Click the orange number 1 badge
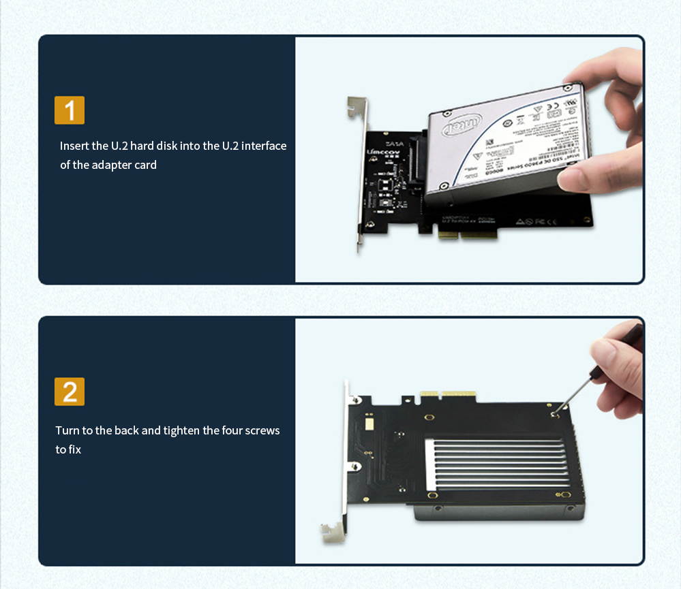pos(70,110)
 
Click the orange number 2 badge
pos(70,392)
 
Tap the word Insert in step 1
pos(74,146)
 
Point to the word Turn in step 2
pos(67,430)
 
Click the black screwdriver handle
pos(630,338)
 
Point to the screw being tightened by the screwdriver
pos(554,411)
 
